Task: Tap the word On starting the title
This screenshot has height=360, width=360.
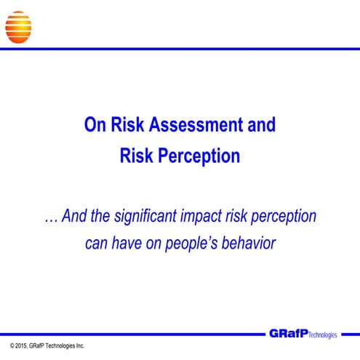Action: (95, 125)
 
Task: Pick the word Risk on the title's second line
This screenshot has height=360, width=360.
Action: (137, 155)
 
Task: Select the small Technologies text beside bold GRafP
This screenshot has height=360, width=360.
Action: (323, 335)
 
